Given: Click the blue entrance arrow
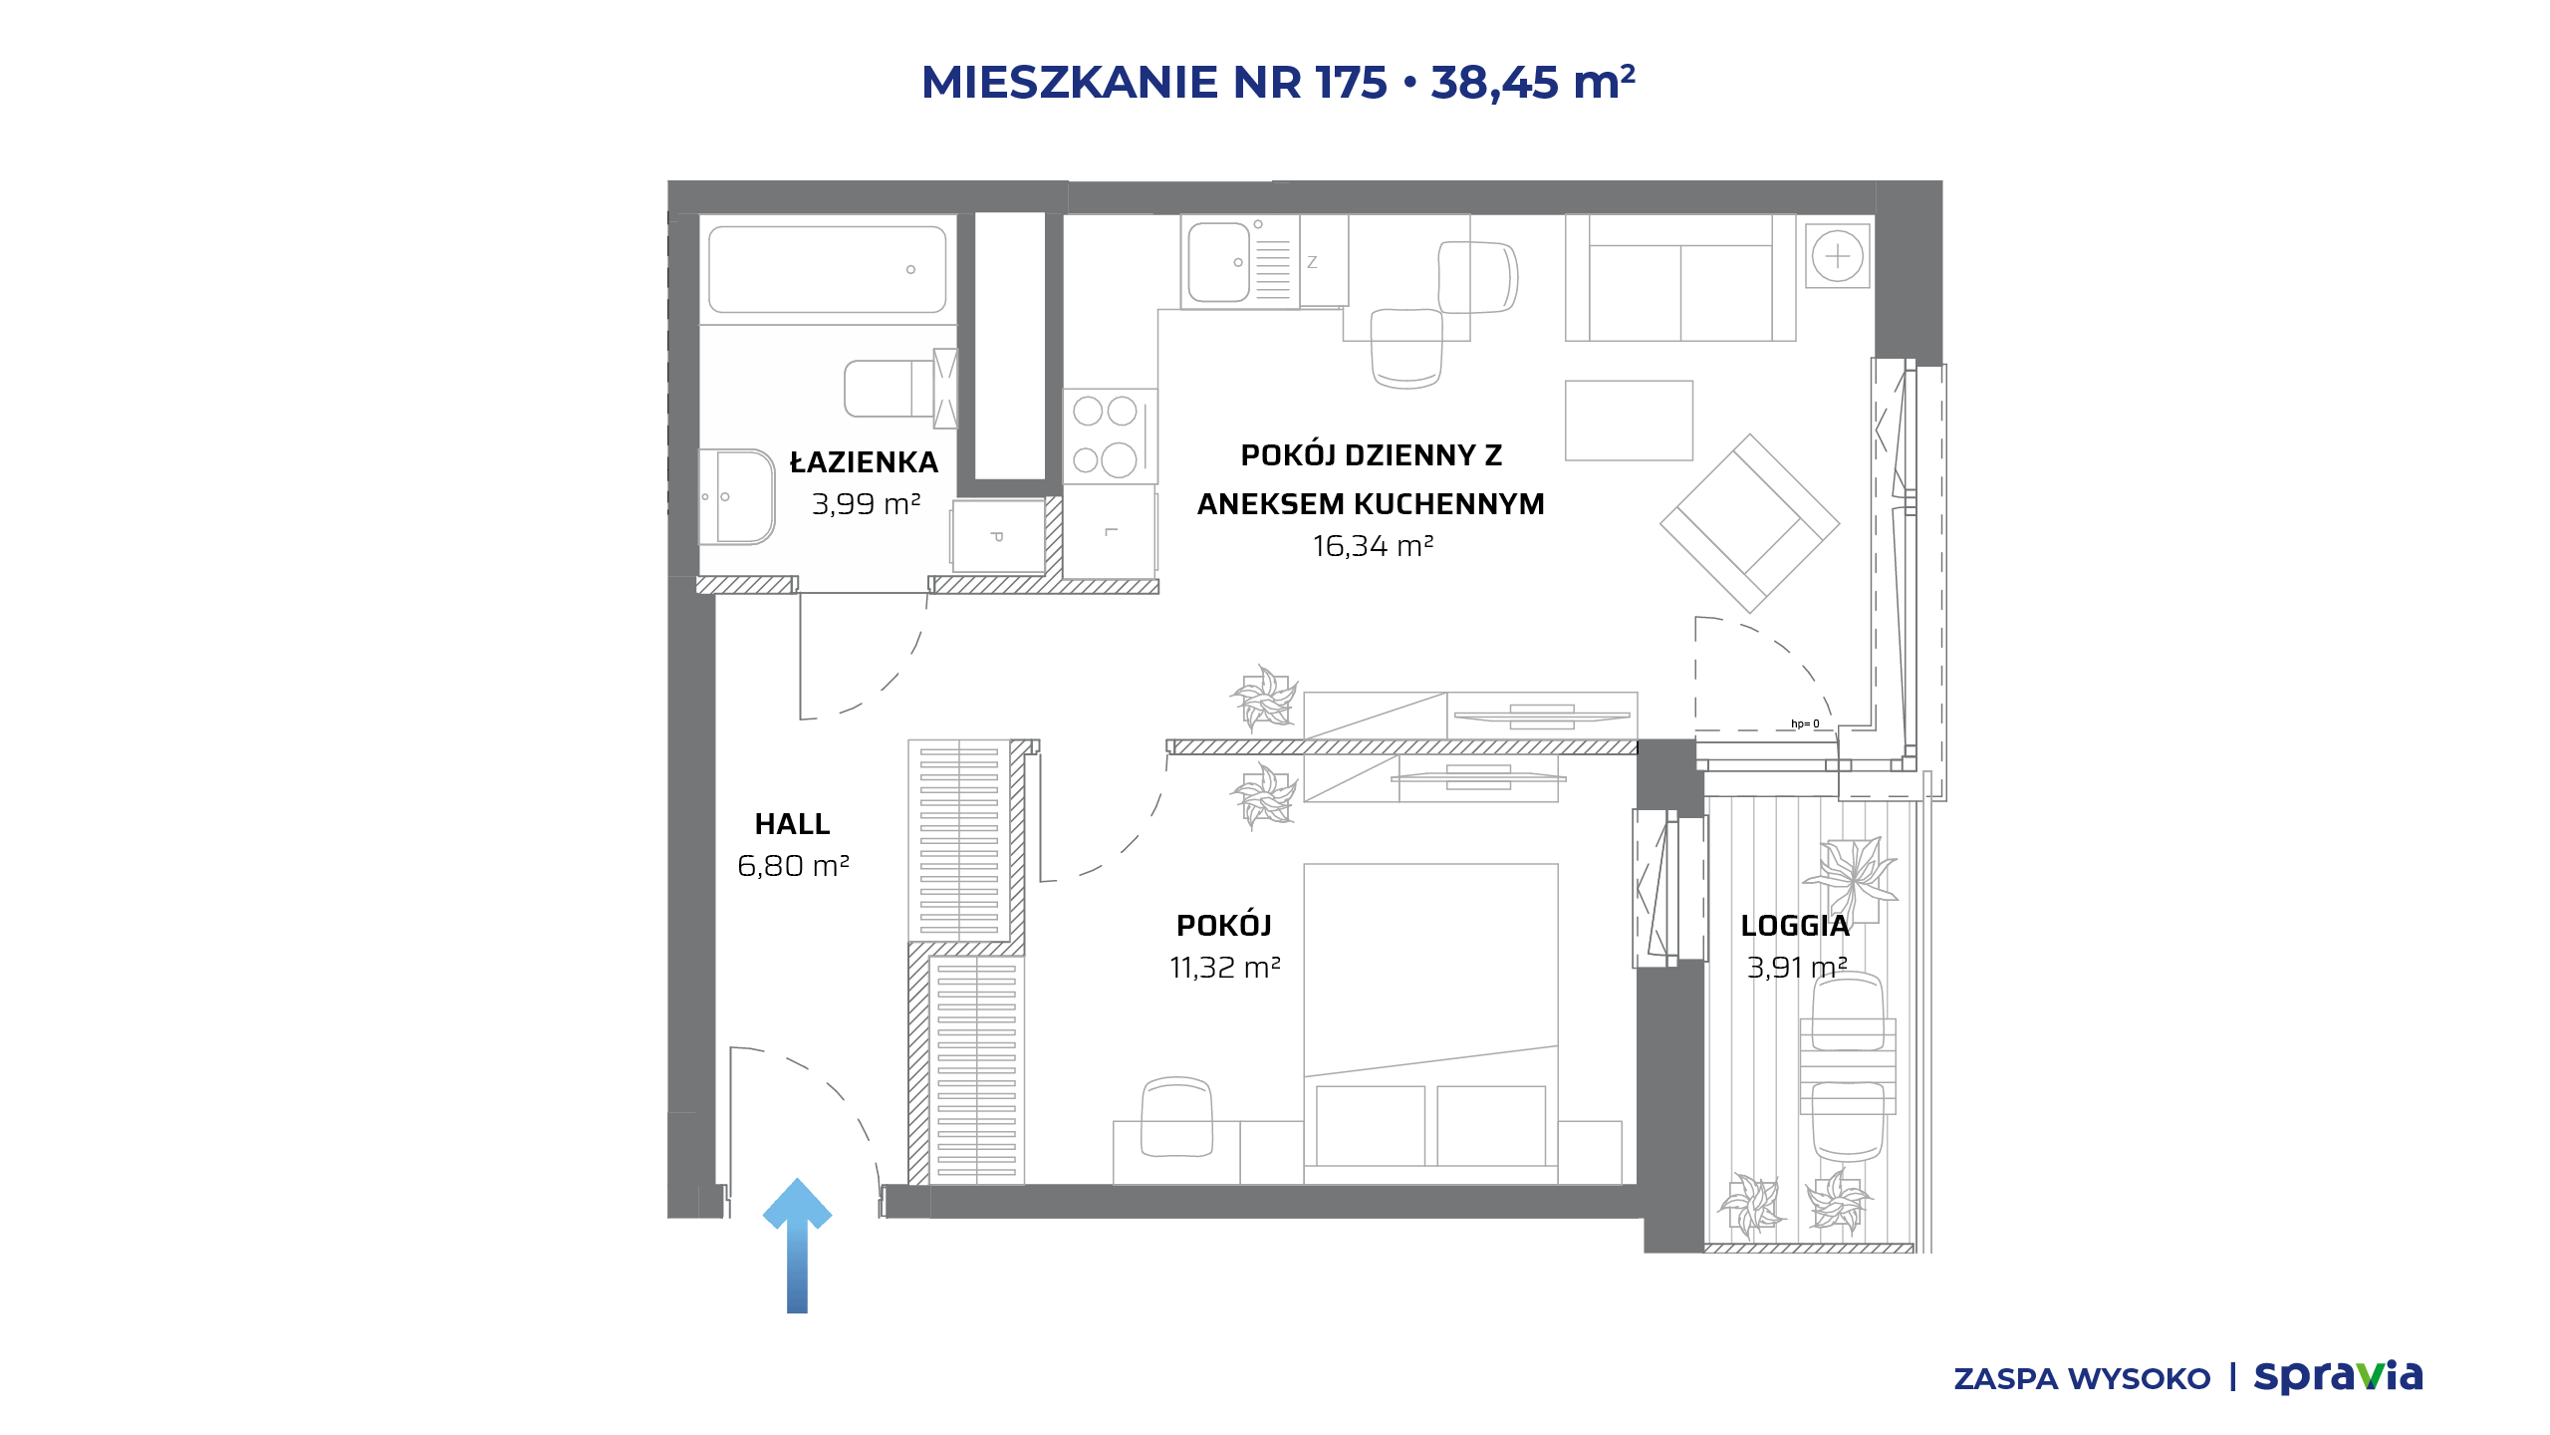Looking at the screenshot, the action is click(x=797, y=1246).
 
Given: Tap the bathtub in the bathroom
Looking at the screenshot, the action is click(x=827, y=269).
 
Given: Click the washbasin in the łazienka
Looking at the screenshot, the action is click(x=737, y=496).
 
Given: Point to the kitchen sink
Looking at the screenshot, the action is click(x=1219, y=262).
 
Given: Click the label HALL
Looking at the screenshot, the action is click(x=792, y=824).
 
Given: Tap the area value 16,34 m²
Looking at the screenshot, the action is click(x=1373, y=546).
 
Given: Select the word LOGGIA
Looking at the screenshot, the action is click(x=1795, y=926).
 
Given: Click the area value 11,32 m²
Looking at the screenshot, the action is click(x=1225, y=968).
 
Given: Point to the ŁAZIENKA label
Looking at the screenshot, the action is click(x=864, y=462).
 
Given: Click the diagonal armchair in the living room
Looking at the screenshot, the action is click(x=1750, y=523).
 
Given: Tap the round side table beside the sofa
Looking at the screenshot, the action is click(x=1838, y=257).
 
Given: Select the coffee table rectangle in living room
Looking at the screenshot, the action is click(x=1629, y=421).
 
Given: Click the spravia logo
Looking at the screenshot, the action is click(x=2339, y=1377).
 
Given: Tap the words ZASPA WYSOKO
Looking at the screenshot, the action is click(x=2082, y=1379).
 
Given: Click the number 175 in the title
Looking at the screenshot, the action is click(x=1352, y=82).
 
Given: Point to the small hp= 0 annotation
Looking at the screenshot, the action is click(x=1805, y=723).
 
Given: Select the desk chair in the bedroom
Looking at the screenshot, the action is click(x=1176, y=1117).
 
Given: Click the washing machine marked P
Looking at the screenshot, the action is click(x=998, y=536).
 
